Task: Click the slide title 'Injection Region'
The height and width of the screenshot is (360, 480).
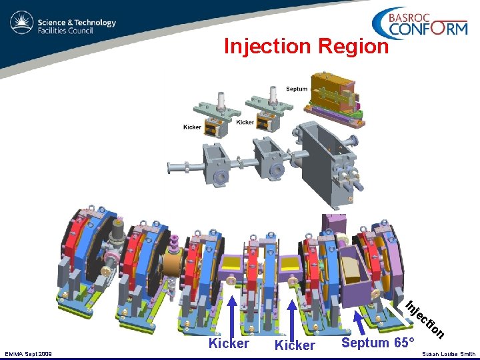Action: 306,46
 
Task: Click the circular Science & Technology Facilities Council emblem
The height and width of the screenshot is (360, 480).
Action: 21,22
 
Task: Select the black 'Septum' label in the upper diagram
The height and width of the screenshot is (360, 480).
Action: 297,89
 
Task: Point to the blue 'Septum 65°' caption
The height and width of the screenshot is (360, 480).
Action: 378,342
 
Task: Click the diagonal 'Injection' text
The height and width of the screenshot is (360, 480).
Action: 425,319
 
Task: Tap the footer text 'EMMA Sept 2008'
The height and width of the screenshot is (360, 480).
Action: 28,354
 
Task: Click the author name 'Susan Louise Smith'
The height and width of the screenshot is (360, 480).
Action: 449,354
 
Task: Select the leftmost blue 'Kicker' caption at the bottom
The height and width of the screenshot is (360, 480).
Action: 229,343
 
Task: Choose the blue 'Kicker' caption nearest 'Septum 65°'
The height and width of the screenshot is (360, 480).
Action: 295,345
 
